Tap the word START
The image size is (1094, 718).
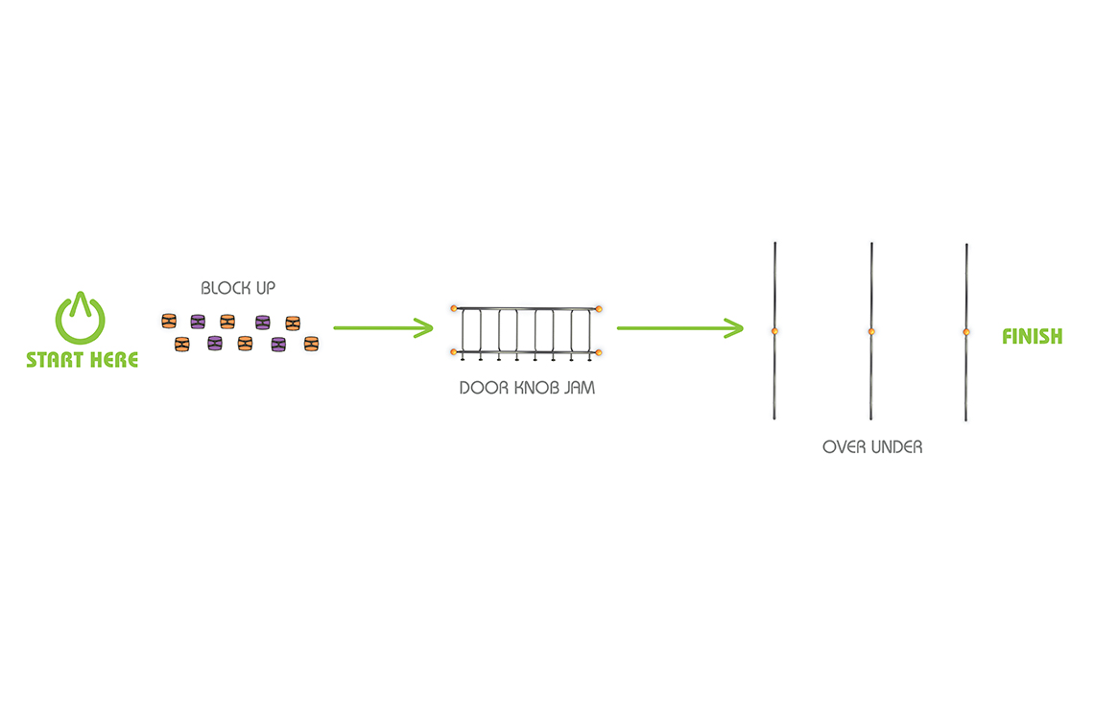tap(57, 360)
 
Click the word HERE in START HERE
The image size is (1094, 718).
tap(114, 360)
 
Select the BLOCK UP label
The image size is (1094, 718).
tap(238, 288)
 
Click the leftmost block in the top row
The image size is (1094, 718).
tap(169, 321)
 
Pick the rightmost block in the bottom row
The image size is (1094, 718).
tap(311, 344)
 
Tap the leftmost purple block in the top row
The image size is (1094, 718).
tap(198, 322)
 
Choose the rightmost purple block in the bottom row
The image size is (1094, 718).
tap(278, 345)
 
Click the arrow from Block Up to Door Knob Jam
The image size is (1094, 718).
tap(384, 327)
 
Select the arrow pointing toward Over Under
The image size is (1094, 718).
tap(680, 328)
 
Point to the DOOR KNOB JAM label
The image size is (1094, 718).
tap(528, 388)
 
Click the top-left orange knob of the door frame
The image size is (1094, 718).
tap(454, 308)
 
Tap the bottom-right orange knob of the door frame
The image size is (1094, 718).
tap(599, 353)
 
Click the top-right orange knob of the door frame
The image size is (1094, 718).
tap(599, 308)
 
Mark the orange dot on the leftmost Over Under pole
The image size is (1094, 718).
tap(774, 331)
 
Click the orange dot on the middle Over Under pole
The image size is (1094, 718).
tap(871, 331)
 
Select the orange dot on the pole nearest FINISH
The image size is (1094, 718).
tap(966, 332)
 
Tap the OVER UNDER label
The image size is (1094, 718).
tap(872, 447)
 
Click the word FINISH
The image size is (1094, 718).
tap(1033, 336)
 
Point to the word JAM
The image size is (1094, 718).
tap(579, 388)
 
